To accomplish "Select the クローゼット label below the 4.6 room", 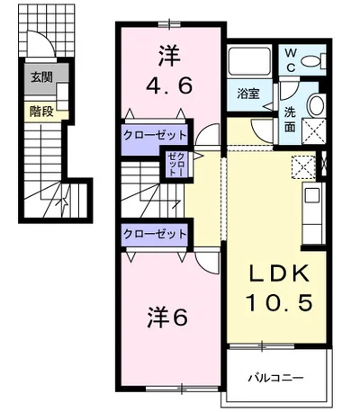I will click(x=155, y=135).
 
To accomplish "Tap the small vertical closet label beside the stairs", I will click(x=174, y=166).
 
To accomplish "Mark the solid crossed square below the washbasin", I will click(x=317, y=131).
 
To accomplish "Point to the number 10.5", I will click(x=281, y=304).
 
